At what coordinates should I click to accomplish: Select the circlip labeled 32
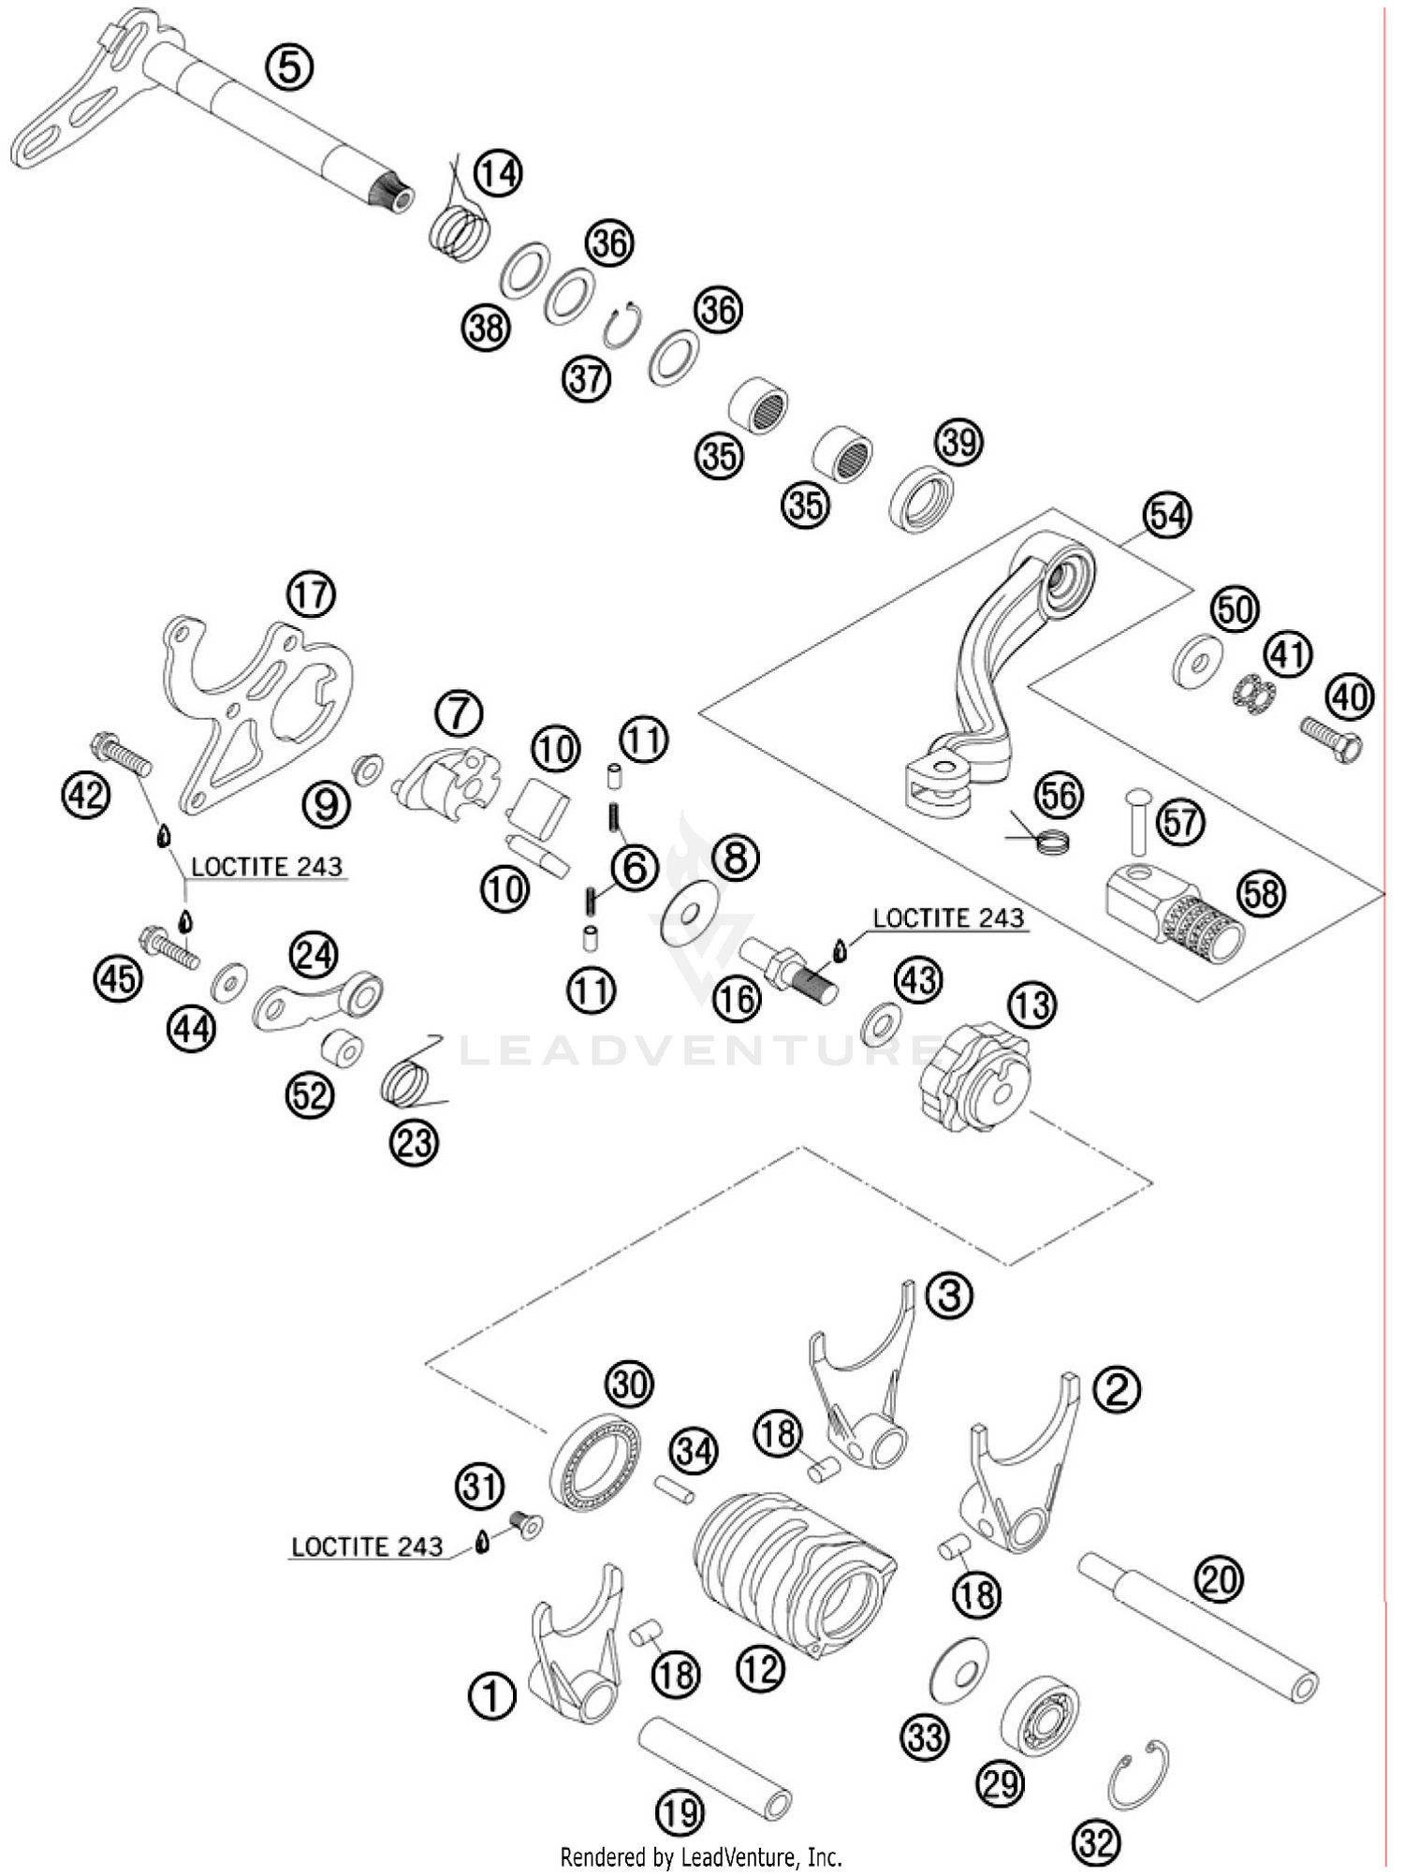pos(1138,1776)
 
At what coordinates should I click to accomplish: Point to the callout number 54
pos(1166,516)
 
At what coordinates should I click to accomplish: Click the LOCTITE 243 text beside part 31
pos(367,1546)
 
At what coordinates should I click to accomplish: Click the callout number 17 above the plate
pos(311,594)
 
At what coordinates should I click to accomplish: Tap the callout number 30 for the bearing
pos(629,1384)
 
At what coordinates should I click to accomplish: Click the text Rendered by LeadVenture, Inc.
pos(701,1855)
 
